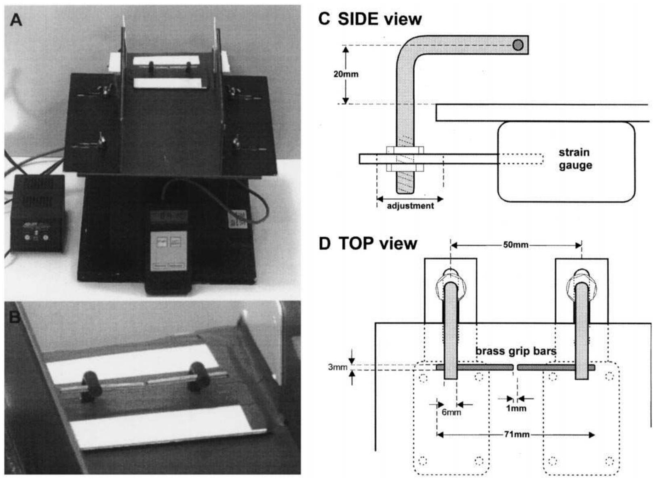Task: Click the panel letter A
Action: coord(16,19)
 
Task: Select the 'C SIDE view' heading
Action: coord(370,19)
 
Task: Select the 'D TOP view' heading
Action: coord(368,244)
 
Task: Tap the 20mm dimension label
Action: coord(346,74)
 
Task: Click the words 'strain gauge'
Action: coord(575,159)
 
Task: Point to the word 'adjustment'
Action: coord(410,206)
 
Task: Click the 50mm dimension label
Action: coord(515,245)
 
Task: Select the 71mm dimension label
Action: coord(517,435)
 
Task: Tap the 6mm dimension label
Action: coord(451,412)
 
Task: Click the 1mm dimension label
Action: coord(516,408)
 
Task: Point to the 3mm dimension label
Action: coord(338,368)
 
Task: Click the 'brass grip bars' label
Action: coord(516,351)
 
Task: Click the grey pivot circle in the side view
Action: coord(518,45)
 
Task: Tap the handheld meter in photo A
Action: coord(169,250)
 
